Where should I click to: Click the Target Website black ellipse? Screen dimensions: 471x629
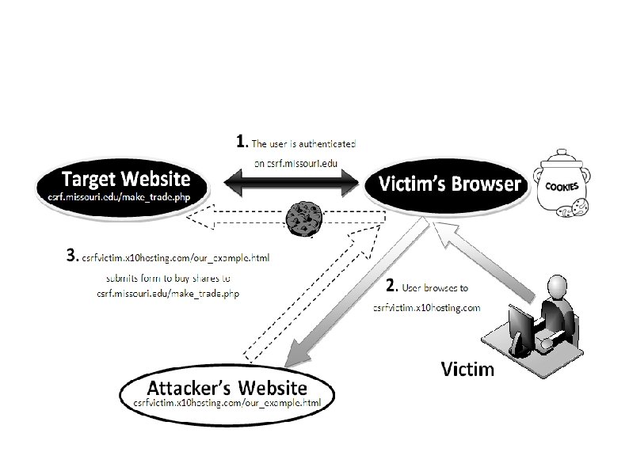coord(120,184)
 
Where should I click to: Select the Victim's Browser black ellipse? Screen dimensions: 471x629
coord(448,185)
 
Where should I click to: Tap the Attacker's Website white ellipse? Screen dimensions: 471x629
coord(227,393)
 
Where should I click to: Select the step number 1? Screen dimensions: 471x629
coord(242,142)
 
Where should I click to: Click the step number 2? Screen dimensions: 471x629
coord(391,284)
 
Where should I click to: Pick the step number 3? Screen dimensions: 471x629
coord(72,256)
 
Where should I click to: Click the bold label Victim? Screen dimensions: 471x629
coord(467,368)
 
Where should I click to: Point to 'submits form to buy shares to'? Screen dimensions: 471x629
coord(169,278)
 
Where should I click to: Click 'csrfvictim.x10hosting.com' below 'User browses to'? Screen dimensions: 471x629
coord(427,307)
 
